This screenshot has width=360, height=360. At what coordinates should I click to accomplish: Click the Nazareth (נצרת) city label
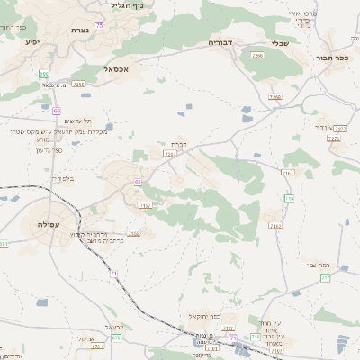(x=76, y=30)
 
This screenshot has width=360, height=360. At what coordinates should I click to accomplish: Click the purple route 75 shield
(x=100, y=24)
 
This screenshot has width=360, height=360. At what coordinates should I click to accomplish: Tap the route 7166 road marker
(x=134, y=233)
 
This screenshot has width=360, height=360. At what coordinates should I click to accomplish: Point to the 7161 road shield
(x=288, y=171)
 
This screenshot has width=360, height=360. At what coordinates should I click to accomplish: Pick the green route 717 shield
(x=289, y=198)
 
